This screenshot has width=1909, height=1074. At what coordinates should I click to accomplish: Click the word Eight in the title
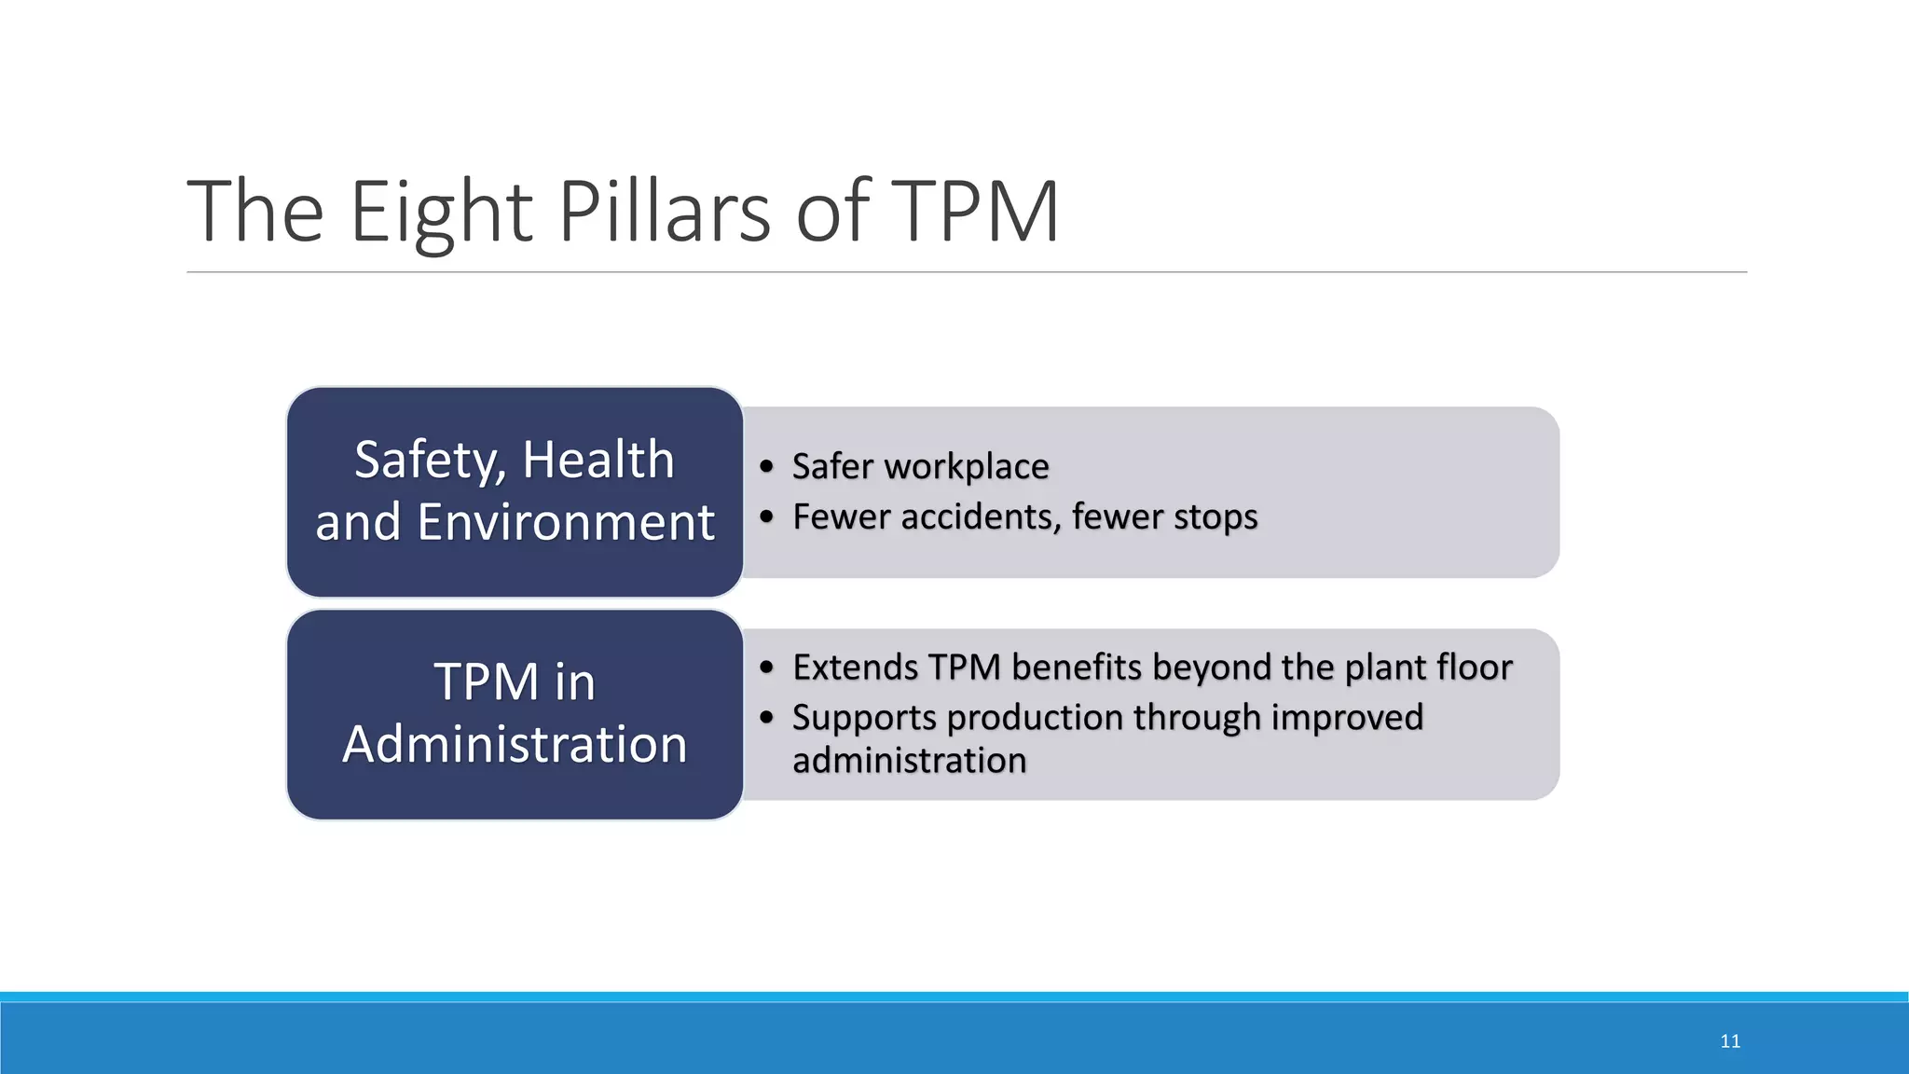pos(441,213)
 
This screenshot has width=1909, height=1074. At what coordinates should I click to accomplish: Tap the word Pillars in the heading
pos(664,213)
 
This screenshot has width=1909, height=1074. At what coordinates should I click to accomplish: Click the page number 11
pos(1730,1041)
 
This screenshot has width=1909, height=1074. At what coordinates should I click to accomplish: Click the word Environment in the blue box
pos(565,522)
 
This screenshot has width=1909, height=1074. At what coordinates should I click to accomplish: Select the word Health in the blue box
pos(597,461)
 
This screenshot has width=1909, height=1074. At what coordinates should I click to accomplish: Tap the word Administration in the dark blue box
pos(515,744)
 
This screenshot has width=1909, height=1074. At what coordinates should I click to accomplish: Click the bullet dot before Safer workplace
pos(766,466)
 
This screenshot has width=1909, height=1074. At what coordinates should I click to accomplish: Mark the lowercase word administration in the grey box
pos(909,761)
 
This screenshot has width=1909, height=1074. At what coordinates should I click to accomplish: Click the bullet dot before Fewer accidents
pos(766,516)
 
